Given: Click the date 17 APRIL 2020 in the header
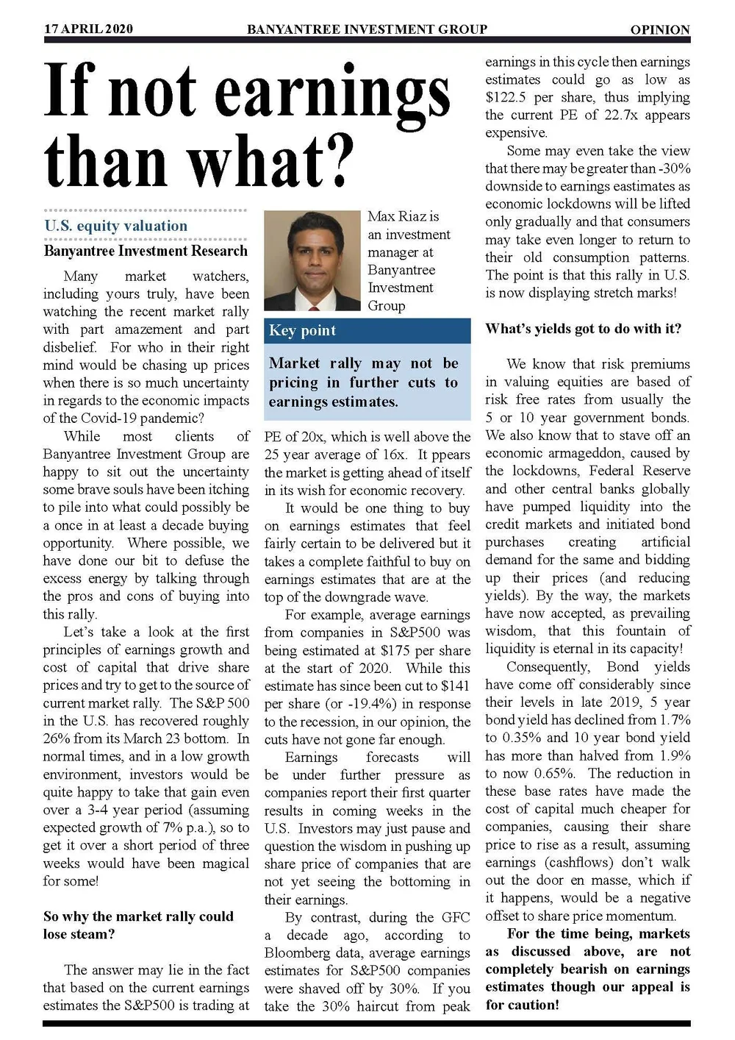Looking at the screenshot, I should (88, 29).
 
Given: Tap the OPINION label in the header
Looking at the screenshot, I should (660, 29).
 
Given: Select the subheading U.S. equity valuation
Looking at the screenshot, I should (115, 226).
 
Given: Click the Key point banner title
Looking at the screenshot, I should (302, 330).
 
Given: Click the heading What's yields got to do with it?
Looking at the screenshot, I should (583, 328).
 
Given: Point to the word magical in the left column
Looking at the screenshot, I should (226, 863).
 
